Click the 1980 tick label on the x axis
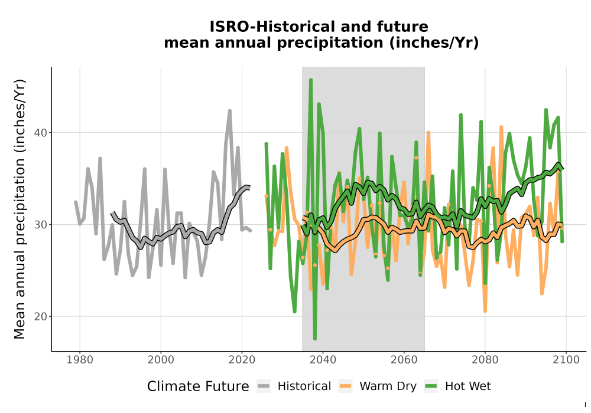[x=80, y=360]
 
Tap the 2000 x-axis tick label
[x=161, y=360]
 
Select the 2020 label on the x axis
[x=242, y=360]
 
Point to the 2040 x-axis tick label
[x=323, y=360]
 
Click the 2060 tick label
[x=404, y=360]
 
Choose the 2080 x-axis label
[x=485, y=360]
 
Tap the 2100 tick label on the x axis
[x=566, y=360]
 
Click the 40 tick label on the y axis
[x=40, y=133]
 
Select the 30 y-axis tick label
[x=40, y=225]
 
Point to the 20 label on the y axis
[x=40, y=317]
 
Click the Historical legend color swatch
[x=264, y=386]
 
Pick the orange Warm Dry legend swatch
[x=345, y=386]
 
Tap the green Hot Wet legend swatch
[x=431, y=386]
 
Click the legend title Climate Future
[x=198, y=386]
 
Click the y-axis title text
[x=20, y=209]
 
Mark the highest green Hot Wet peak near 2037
[x=311, y=80]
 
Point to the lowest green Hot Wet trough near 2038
[x=315, y=339]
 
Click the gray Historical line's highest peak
[x=229, y=110]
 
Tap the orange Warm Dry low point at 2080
[x=485, y=311]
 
